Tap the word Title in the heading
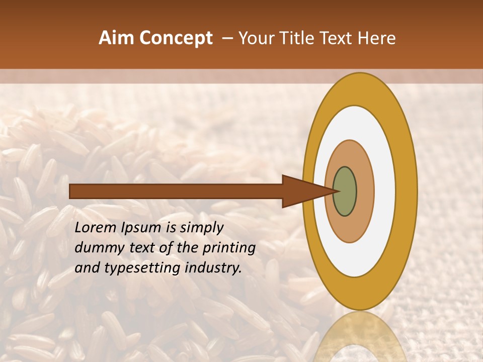tap(297, 38)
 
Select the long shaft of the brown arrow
tap(176, 192)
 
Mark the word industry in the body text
tap(214, 268)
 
